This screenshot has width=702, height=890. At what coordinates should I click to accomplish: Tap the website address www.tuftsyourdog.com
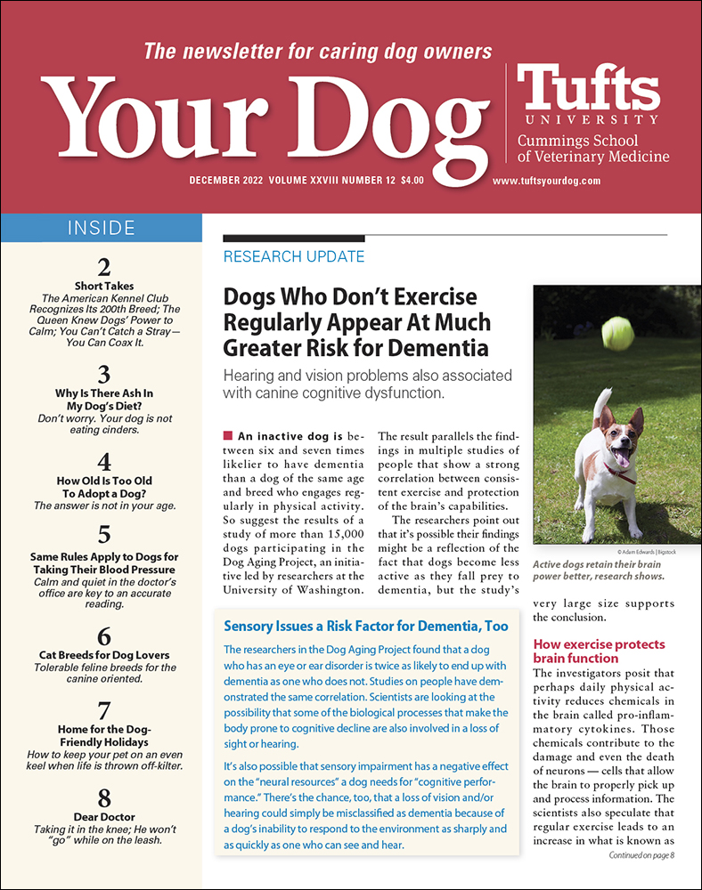coord(547,181)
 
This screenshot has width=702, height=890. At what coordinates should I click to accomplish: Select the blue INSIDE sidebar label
coord(102,229)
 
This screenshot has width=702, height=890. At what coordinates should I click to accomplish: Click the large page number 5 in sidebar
coord(103,534)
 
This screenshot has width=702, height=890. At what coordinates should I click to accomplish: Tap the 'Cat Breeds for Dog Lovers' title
coord(104,655)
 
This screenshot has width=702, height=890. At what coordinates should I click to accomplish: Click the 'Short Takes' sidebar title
coord(103,286)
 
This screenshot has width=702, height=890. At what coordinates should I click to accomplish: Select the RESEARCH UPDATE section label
coord(293,256)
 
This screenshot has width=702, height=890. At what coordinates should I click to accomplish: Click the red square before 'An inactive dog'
coord(227,435)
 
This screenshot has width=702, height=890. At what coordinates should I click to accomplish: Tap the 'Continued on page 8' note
coord(642,855)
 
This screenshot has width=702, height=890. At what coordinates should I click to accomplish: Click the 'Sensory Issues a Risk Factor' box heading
coord(365,626)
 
